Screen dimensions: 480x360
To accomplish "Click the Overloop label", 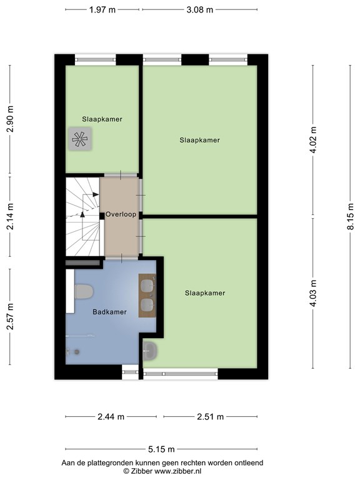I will [x=121, y=214].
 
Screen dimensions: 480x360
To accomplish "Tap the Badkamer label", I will [x=109, y=312].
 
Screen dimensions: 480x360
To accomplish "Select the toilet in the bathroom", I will [x=82, y=292].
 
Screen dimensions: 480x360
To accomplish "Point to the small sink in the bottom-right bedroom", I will [x=150, y=351].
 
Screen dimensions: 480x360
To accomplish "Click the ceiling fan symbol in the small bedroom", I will [x=79, y=139].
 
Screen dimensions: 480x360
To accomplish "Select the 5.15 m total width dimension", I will [x=161, y=449].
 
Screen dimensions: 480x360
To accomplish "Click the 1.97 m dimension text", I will [x=102, y=10].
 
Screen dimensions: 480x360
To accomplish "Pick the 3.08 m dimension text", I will [x=200, y=10].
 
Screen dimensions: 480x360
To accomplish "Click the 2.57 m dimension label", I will [x=9, y=317].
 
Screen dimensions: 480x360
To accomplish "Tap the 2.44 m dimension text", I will [x=111, y=417].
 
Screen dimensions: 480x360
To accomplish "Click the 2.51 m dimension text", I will [x=210, y=417].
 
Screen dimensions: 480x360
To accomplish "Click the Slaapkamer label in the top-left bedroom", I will [x=102, y=119].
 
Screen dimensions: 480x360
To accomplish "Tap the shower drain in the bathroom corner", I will [x=77, y=352].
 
